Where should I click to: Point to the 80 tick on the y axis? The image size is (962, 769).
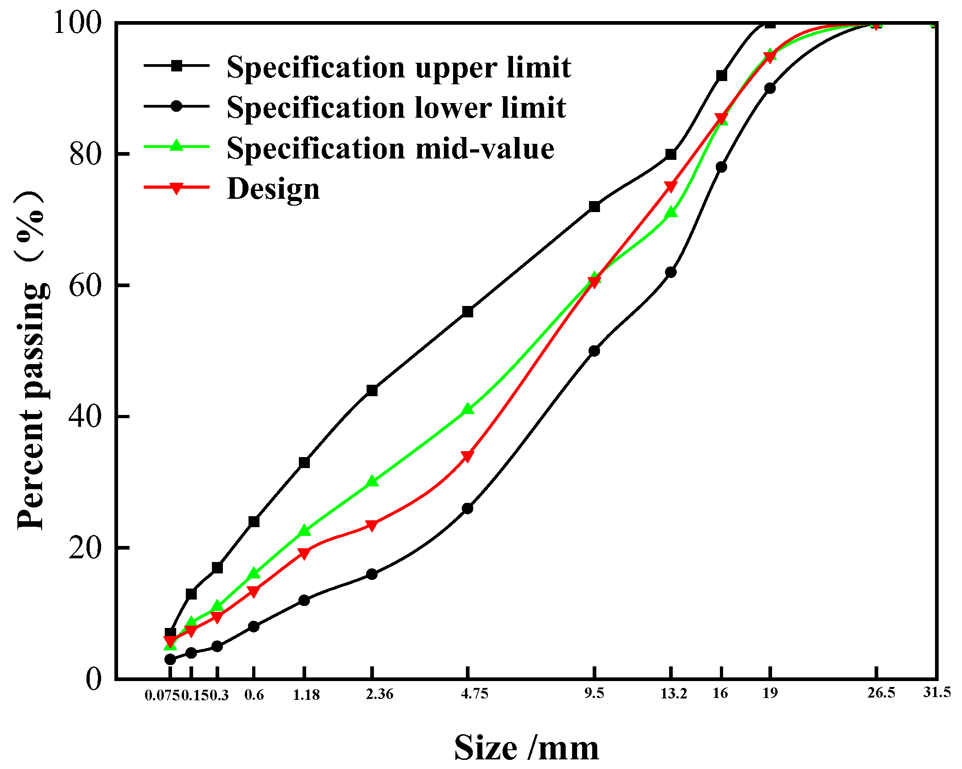[x=85, y=154]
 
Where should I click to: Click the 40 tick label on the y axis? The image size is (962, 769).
[x=85, y=417]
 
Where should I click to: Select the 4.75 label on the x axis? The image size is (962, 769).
[x=475, y=693]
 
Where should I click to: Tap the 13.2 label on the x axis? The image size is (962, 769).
[x=673, y=693]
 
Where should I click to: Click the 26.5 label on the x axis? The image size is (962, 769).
[x=881, y=693]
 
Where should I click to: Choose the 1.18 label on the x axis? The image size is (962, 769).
[x=306, y=695]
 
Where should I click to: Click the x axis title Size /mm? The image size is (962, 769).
[x=526, y=747]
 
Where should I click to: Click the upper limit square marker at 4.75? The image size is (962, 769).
[x=467, y=312]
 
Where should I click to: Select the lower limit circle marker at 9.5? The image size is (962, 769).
[x=594, y=351]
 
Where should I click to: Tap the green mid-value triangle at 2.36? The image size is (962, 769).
[x=372, y=481]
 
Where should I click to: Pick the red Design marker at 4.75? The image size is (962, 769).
[x=467, y=456]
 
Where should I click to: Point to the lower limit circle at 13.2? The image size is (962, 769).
[x=670, y=272]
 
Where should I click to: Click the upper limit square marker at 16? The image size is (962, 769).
[x=721, y=76]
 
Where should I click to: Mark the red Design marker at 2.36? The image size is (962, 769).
[x=372, y=525]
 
